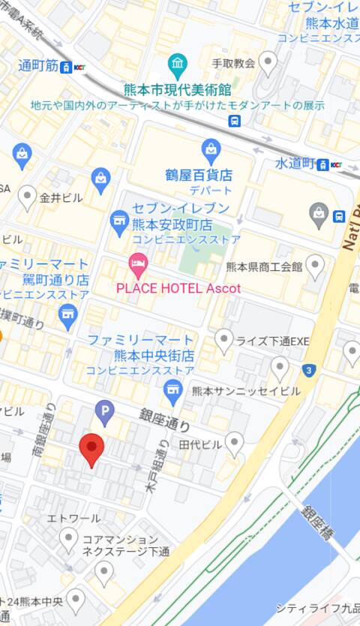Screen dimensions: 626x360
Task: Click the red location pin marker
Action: pyautogui.click(x=91, y=448)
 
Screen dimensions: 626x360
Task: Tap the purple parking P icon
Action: pyautogui.click(x=105, y=411)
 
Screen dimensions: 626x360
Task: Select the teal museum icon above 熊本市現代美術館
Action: pyautogui.click(x=178, y=63)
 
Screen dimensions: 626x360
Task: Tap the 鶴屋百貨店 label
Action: pyautogui.click(x=199, y=175)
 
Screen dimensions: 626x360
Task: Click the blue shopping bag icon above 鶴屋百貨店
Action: pyautogui.click(x=211, y=148)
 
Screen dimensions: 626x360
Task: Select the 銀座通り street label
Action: pyautogui.click(x=164, y=420)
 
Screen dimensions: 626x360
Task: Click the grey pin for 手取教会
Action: pyautogui.click(x=267, y=62)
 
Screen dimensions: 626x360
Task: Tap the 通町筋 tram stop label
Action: pyautogui.click(x=38, y=66)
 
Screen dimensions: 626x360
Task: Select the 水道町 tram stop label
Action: pyautogui.click(x=295, y=163)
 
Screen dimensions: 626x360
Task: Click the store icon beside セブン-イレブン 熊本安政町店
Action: pyautogui.click(x=118, y=220)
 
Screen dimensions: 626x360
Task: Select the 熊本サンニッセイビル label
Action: pyautogui.click(x=246, y=391)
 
